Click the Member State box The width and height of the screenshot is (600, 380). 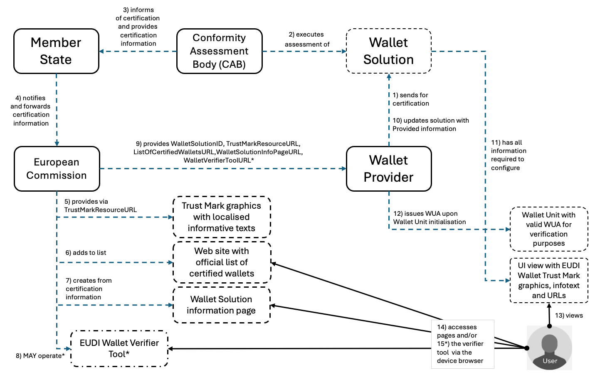[56, 51]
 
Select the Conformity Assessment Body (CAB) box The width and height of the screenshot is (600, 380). [219, 51]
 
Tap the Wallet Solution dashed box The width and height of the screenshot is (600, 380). [388, 51]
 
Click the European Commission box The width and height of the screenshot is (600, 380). [57, 169]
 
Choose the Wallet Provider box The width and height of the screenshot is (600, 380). [388, 169]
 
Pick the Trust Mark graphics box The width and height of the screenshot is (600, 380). [221, 217]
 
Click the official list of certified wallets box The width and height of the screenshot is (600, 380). [221, 262]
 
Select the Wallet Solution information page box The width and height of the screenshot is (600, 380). [221, 305]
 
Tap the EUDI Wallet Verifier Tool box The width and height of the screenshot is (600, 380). [119, 348]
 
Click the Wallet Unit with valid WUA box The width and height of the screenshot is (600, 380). [548, 229]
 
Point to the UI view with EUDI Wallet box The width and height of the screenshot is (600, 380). [548, 280]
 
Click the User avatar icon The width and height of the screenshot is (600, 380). [549, 348]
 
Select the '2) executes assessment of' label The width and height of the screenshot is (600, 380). [307, 39]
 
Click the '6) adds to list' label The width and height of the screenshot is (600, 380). [86, 253]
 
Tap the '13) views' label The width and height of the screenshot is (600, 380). [569, 316]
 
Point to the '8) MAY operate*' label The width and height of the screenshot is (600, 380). [40, 356]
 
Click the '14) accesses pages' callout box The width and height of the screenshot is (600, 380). [462, 344]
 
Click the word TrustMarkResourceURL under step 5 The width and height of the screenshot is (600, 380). [100, 210]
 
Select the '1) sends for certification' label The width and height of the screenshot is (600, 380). [410, 99]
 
